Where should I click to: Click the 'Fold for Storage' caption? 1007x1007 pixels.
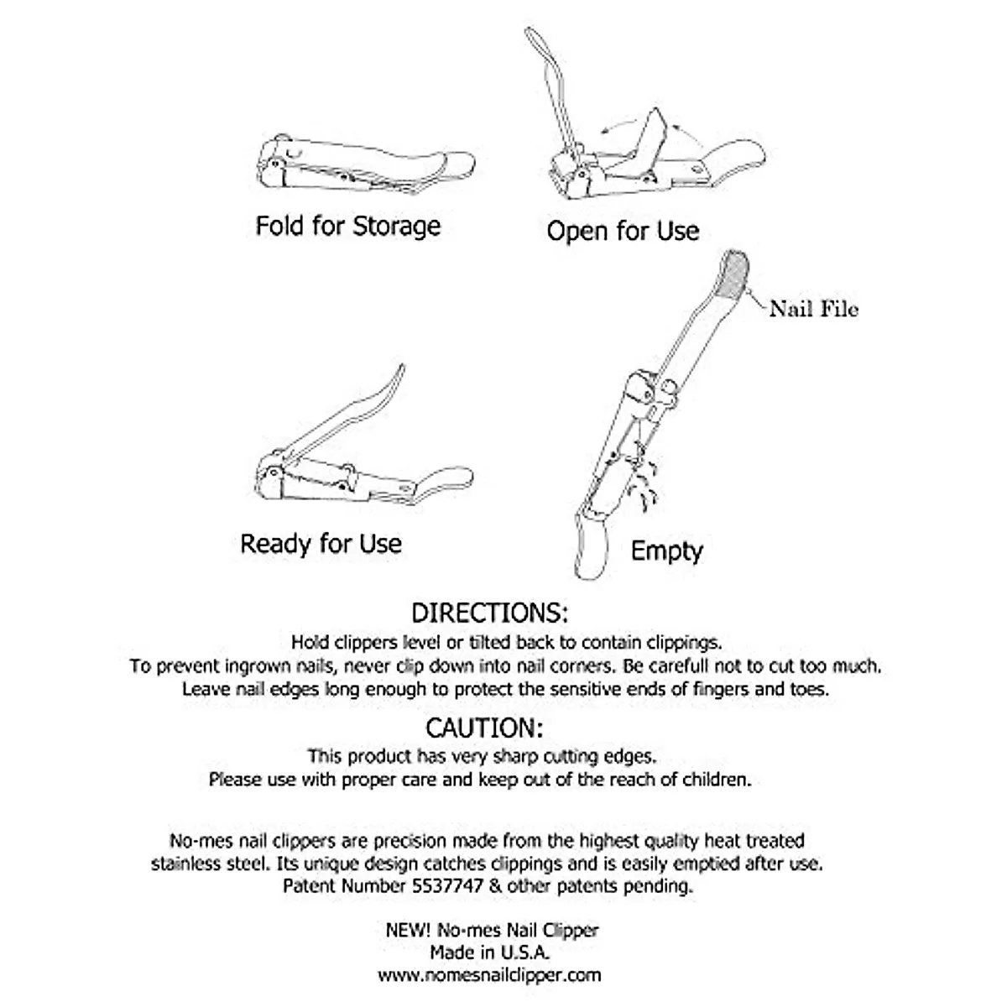(347, 226)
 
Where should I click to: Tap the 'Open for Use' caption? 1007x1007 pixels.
(623, 231)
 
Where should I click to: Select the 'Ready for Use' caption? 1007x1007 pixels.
(321, 544)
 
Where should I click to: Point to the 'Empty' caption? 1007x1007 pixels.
(666, 551)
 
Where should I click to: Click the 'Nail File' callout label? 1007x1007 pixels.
(813, 310)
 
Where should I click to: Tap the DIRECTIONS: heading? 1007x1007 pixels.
(490, 612)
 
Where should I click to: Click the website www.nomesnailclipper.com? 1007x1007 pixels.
(489, 975)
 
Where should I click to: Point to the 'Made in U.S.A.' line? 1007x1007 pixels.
(490, 952)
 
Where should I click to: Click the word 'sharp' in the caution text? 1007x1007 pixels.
(514, 756)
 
